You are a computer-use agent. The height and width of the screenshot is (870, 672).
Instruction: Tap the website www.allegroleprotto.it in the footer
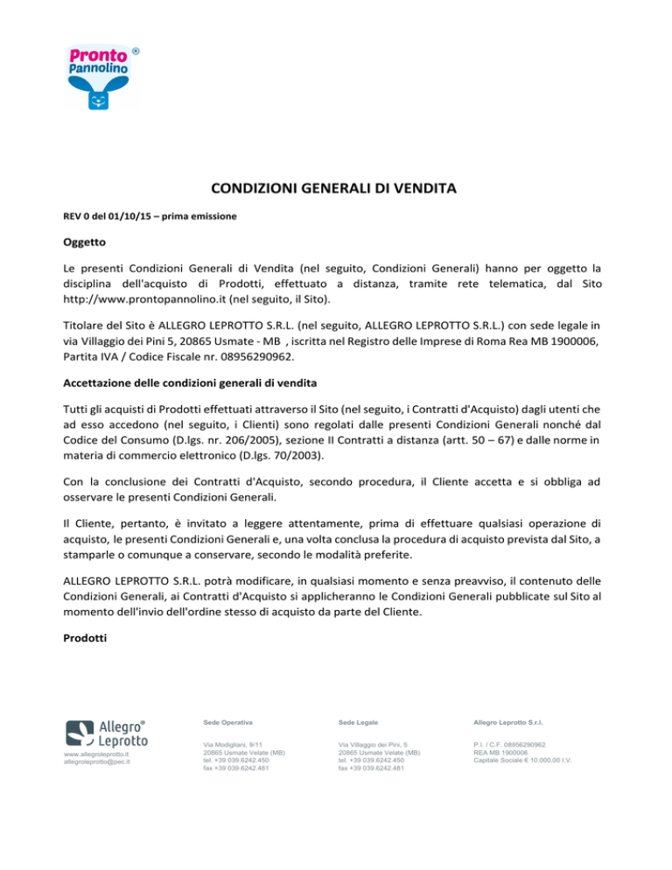click(96, 754)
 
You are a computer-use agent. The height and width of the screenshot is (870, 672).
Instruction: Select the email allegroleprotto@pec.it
click(97, 762)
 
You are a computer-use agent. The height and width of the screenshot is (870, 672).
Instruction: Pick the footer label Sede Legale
click(357, 722)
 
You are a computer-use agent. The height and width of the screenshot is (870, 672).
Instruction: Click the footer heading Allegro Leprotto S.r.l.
click(514, 722)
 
